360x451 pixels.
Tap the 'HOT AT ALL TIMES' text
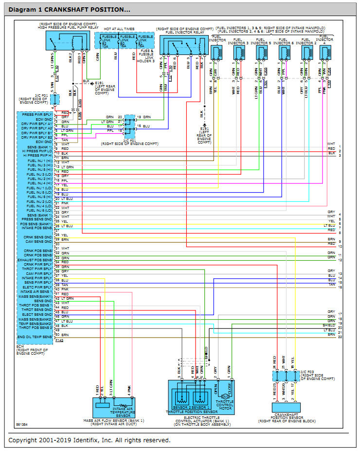(116, 30)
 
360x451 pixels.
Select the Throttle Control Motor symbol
(225, 397)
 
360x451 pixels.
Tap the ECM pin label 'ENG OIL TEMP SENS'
(35, 337)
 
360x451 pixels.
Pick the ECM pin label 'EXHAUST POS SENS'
(36, 260)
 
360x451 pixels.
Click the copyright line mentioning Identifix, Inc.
(90, 440)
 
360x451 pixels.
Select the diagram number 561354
(21, 424)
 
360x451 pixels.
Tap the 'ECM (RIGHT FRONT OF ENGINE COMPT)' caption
(33, 350)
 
